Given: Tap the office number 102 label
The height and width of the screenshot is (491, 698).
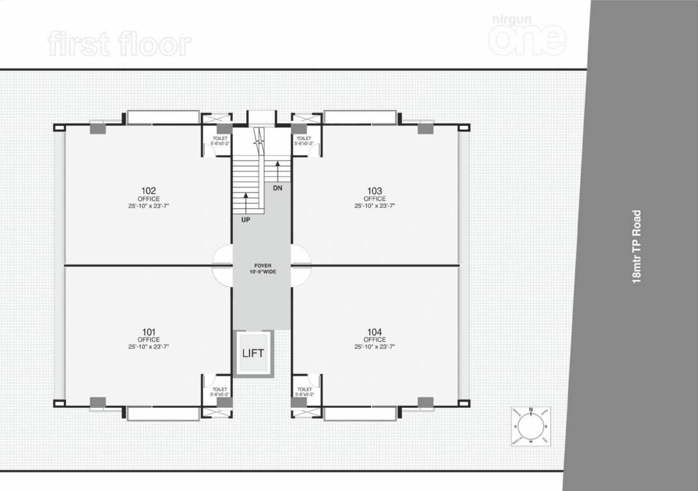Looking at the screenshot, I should [149, 191].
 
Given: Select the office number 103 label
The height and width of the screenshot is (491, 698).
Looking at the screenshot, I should [375, 191].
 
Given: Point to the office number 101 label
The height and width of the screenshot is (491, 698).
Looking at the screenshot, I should [148, 332].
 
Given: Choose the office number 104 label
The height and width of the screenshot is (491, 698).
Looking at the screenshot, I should [375, 332].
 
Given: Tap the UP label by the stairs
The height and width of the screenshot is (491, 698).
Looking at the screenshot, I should [246, 220].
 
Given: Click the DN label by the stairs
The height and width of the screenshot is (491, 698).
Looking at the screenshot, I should [277, 189].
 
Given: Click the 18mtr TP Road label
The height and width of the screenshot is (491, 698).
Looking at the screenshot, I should [636, 247].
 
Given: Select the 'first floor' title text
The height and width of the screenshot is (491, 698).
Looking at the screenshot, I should [119, 45].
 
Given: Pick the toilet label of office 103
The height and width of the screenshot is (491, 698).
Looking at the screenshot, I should [304, 141].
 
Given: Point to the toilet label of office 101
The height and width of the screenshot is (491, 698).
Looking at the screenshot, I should [219, 391].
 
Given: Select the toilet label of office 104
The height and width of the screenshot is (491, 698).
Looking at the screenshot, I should [305, 391].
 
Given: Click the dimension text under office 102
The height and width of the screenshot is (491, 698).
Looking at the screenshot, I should [148, 206].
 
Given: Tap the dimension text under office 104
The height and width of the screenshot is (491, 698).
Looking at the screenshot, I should [375, 347].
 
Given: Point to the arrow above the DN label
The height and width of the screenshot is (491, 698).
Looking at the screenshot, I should [278, 171].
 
